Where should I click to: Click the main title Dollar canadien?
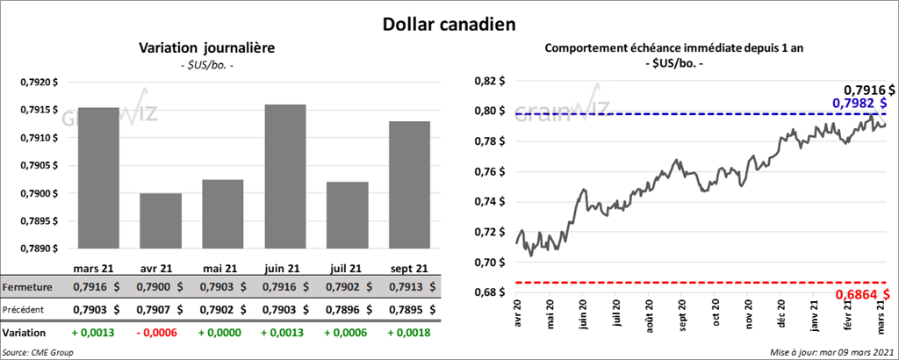tap(449, 23)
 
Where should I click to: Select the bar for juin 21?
tap(284, 176)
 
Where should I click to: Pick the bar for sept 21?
tap(409, 184)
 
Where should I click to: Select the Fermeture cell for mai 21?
tap(222, 286)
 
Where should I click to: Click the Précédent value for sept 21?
tap(409, 309)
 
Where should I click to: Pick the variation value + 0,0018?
tap(409, 334)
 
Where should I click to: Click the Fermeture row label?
tap(27, 286)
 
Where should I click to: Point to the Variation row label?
tap(25, 334)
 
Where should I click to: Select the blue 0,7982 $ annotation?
tap(862, 104)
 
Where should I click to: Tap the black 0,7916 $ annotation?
tap(869, 90)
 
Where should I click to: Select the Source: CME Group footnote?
tap(38, 352)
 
